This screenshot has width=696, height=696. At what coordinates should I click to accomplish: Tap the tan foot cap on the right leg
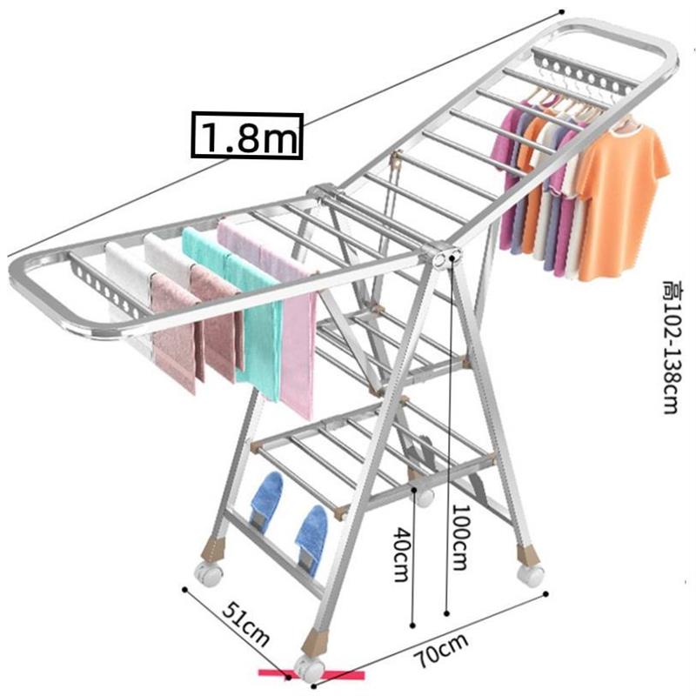pos(527,554)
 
